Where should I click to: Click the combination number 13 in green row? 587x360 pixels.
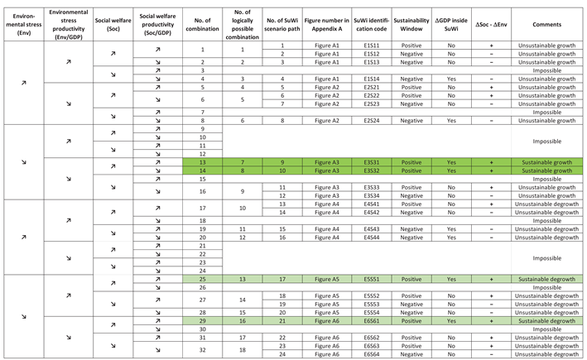tap(202, 163)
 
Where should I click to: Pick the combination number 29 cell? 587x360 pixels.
tap(202, 320)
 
